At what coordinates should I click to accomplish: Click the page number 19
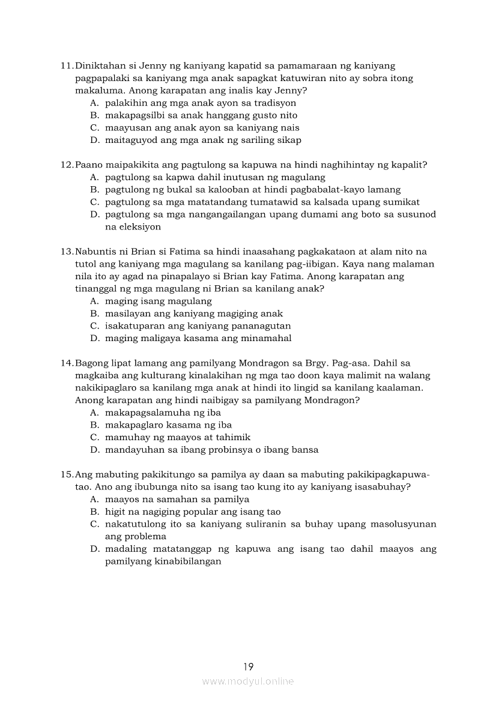pos(249,666)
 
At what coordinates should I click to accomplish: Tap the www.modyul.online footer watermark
pos(248,681)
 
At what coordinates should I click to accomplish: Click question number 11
pos(67,66)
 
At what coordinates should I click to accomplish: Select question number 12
pos(67,165)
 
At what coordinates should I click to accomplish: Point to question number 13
pos(67,252)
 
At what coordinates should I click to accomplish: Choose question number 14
pos(67,363)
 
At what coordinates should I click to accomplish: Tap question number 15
pos(67,474)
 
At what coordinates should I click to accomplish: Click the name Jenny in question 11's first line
pos(151,66)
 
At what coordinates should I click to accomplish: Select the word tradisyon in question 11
pos(274,103)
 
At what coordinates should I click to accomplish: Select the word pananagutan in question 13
pos(257,326)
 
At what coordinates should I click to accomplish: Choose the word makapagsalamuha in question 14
pos(145,413)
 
